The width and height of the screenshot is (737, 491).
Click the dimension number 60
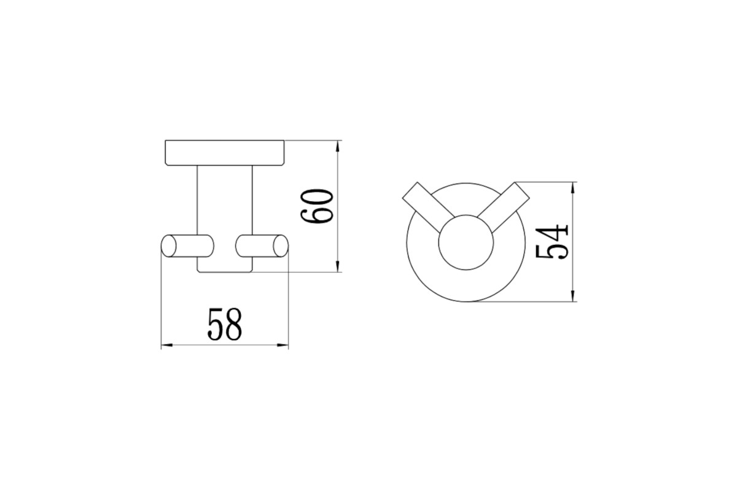pyautogui.click(x=317, y=207)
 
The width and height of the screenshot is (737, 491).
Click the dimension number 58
pyautogui.click(x=225, y=324)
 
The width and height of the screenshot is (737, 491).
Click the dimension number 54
pyautogui.click(x=552, y=242)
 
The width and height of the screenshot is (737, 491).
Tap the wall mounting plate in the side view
pyautogui.click(x=225, y=153)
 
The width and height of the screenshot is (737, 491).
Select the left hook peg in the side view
pyautogui.click(x=187, y=245)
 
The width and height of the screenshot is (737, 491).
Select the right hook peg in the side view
pyautogui.click(x=262, y=245)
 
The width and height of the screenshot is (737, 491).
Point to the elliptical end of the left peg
pyautogui.click(x=168, y=245)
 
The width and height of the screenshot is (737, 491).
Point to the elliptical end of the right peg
pyautogui.click(x=281, y=245)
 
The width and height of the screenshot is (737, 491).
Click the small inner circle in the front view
pyautogui.click(x=466, y=242)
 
